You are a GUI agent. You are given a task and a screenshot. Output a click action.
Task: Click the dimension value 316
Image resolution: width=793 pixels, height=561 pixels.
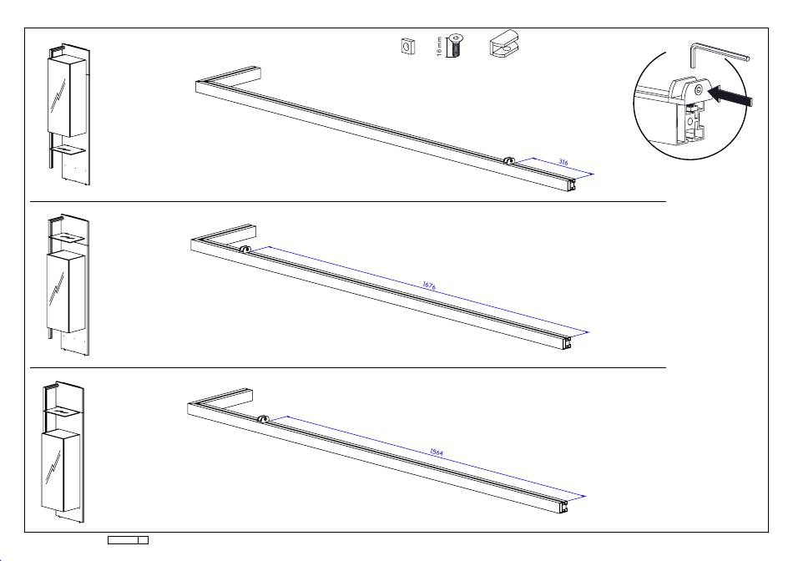coord(563,163)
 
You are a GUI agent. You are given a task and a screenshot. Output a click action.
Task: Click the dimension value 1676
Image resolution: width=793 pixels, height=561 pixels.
coord(429,286)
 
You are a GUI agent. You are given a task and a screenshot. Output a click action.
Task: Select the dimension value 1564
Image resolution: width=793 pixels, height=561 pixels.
coord(437,452)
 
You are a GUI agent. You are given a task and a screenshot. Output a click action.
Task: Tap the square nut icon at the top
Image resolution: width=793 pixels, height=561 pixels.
coord(407,46)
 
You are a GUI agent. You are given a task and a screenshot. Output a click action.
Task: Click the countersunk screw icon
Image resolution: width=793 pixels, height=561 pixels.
coord(456,45)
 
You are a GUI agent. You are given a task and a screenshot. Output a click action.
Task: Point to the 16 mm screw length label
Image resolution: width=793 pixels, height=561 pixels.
coord(439,46)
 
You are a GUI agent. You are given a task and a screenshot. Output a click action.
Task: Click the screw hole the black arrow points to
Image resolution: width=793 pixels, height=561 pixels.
coord(699,89)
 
